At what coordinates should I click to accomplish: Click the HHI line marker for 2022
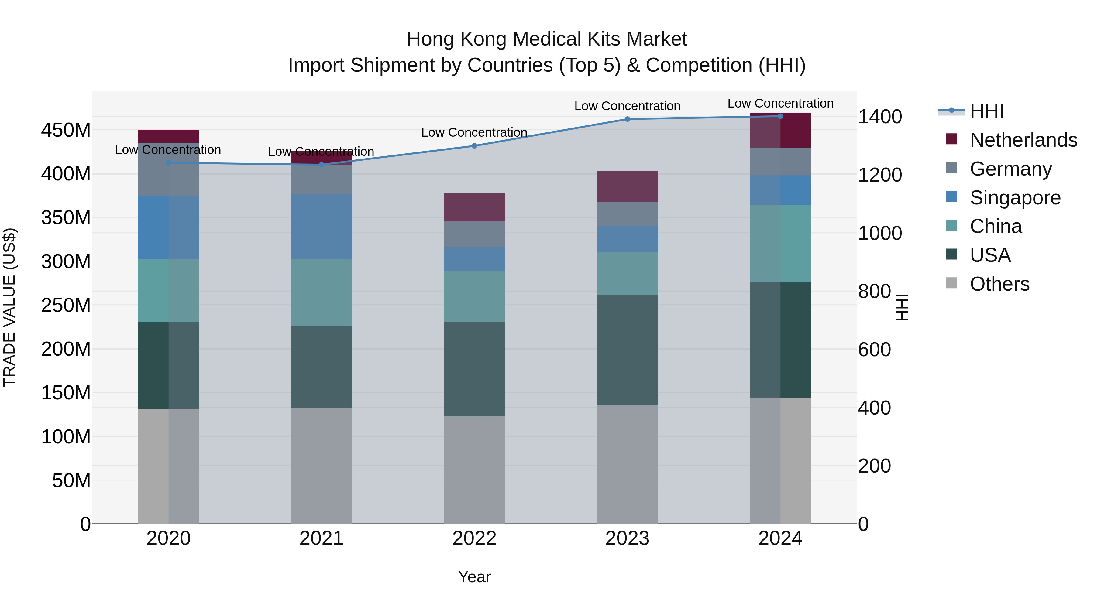pos(474,146)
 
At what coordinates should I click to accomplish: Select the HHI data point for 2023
pos(627,119)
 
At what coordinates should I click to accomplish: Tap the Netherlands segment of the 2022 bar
pos(474,207)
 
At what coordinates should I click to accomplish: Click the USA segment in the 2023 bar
pos(627,350)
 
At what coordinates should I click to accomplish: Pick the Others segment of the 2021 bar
pos(322,466)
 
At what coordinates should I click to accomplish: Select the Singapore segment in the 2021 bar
pos(322,227)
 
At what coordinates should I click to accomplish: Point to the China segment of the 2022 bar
pos(474,296)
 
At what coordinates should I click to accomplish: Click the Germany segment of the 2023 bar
pos(627,214)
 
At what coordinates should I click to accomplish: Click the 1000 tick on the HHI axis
pos(879,234)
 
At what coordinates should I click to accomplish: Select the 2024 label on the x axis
pos(780,538)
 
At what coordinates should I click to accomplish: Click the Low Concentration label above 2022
pos(474,132)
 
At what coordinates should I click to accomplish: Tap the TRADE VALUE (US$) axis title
pos(9,307)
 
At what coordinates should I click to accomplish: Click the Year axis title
pos(474,577)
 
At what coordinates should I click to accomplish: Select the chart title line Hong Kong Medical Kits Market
pos(547,39)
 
